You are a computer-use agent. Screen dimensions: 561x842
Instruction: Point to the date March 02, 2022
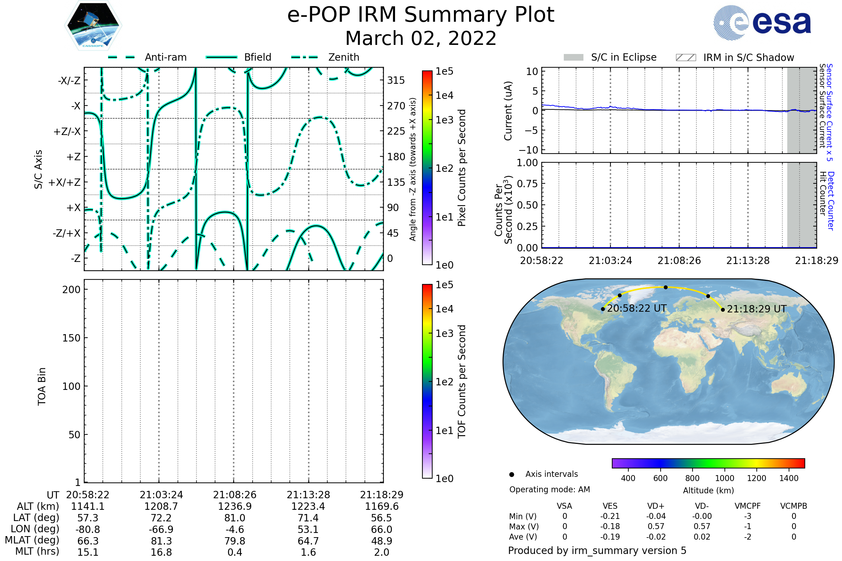(421, 38)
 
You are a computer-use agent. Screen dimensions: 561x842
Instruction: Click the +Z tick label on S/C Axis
(73, 157)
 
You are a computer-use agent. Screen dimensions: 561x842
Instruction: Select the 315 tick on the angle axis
(396, 80)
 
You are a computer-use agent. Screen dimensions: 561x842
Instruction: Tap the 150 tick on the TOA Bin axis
(71, 338)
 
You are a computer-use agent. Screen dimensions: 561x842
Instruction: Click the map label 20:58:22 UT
(636, 309)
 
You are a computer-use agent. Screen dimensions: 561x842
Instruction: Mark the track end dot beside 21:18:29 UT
(723, 310)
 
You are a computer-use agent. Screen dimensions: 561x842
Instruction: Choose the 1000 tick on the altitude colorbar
(724, 478)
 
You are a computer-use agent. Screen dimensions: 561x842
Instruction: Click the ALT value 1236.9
(234, 506)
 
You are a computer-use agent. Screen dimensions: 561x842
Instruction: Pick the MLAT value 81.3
(161, 541)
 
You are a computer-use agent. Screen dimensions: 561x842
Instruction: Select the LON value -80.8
(88, 529)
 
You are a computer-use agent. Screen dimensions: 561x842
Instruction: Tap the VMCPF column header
(748, 506)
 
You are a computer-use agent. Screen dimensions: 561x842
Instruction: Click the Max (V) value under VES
(610, 526)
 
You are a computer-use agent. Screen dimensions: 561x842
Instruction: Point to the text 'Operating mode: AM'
(549, 489)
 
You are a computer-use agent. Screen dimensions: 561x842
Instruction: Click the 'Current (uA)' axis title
(508, 110)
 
